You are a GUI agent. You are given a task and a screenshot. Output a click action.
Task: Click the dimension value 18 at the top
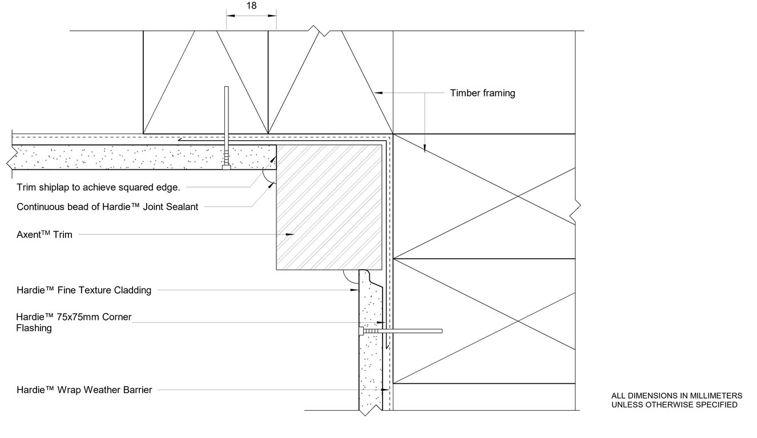251,6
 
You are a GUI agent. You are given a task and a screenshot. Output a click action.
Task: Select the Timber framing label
482,93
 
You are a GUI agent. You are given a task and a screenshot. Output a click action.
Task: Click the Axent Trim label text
45,234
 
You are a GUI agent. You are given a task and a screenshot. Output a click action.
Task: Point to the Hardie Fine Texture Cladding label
84,290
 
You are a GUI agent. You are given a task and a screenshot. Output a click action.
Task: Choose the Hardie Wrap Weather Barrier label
84,390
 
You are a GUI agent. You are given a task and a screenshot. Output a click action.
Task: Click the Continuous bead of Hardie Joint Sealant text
107,207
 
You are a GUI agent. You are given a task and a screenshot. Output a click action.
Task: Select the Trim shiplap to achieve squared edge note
98,187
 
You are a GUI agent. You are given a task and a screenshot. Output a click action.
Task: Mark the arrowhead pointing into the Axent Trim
289,234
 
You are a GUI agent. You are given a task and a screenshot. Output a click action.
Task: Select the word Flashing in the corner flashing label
34,328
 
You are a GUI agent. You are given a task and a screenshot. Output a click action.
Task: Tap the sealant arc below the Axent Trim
349,277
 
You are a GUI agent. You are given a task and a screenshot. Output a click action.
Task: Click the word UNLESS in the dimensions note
627,405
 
